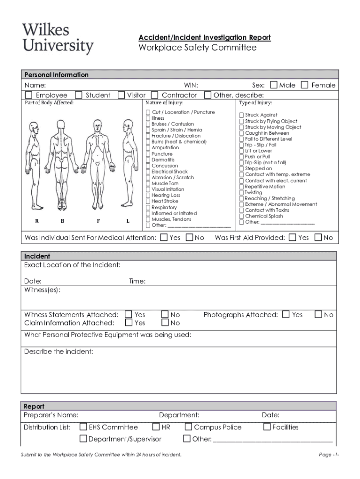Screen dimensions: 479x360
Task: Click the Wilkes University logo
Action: click(x=58, y=39)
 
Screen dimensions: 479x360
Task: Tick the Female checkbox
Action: click(x=305, y=85)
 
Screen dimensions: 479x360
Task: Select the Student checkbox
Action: click(x=79, y=95)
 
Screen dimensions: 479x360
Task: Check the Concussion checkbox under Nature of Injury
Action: click(x=148, y=166)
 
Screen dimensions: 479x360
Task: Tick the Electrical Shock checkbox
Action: click(x=148, y=172)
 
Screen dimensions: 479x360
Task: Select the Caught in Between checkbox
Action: click(x=242, y=133)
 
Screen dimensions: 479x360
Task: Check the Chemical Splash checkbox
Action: click(x=242, y=216)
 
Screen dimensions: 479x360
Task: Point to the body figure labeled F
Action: click(x=98, y=164)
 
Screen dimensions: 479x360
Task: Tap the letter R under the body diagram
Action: click(x=36, y=220)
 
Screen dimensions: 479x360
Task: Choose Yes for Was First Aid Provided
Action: click(x=292, y=238)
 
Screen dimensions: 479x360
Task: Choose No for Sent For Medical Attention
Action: click(x=189, y=238)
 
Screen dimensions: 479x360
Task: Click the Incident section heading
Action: click(x=37, y=256)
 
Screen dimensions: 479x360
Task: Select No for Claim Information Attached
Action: click(x=165, y=323)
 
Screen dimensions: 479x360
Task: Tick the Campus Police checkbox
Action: click(x=188, y=427)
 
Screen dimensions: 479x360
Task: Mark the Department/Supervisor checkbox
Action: click(x=83, y=439)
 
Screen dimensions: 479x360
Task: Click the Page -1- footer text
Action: click(x=329, y=455)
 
